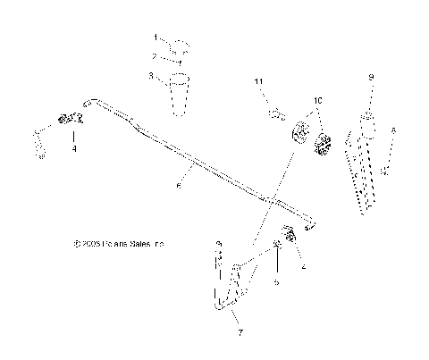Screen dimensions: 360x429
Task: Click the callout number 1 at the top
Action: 154,38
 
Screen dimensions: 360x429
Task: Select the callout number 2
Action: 154,55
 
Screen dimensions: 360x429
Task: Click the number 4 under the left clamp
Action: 73,148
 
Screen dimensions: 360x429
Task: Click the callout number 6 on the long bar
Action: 179,185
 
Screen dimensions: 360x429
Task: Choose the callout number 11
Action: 258,82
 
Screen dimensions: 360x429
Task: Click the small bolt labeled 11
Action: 275,113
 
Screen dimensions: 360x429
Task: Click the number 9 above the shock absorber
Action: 369,79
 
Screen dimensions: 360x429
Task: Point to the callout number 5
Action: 276,281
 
